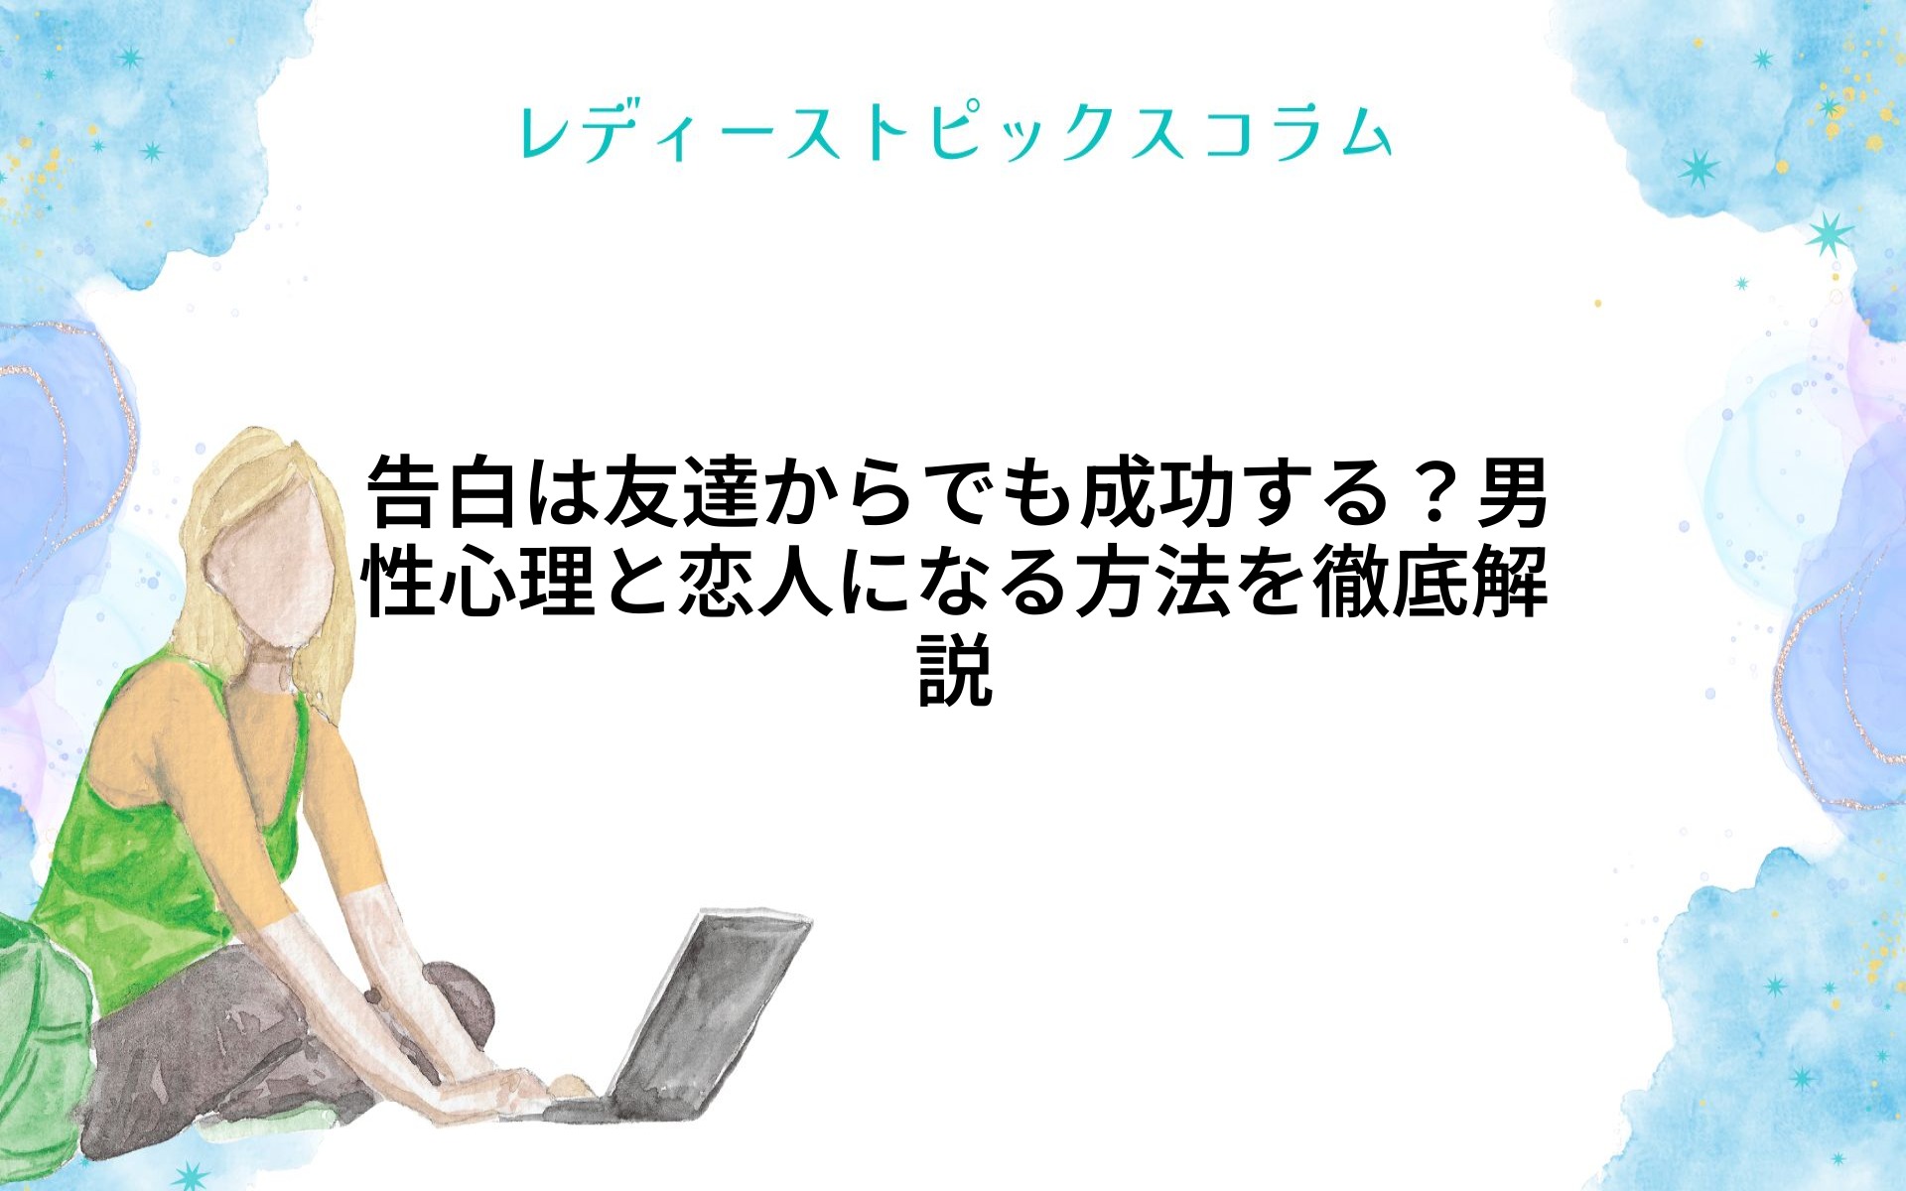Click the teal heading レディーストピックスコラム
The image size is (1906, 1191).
tap(954, 133)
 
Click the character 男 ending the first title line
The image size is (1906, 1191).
tap(1511, 493)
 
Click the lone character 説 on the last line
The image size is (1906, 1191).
tap(954, 672)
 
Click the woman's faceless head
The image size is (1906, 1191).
tap(266, 576)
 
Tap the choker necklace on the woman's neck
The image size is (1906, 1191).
tap(270, 665)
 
